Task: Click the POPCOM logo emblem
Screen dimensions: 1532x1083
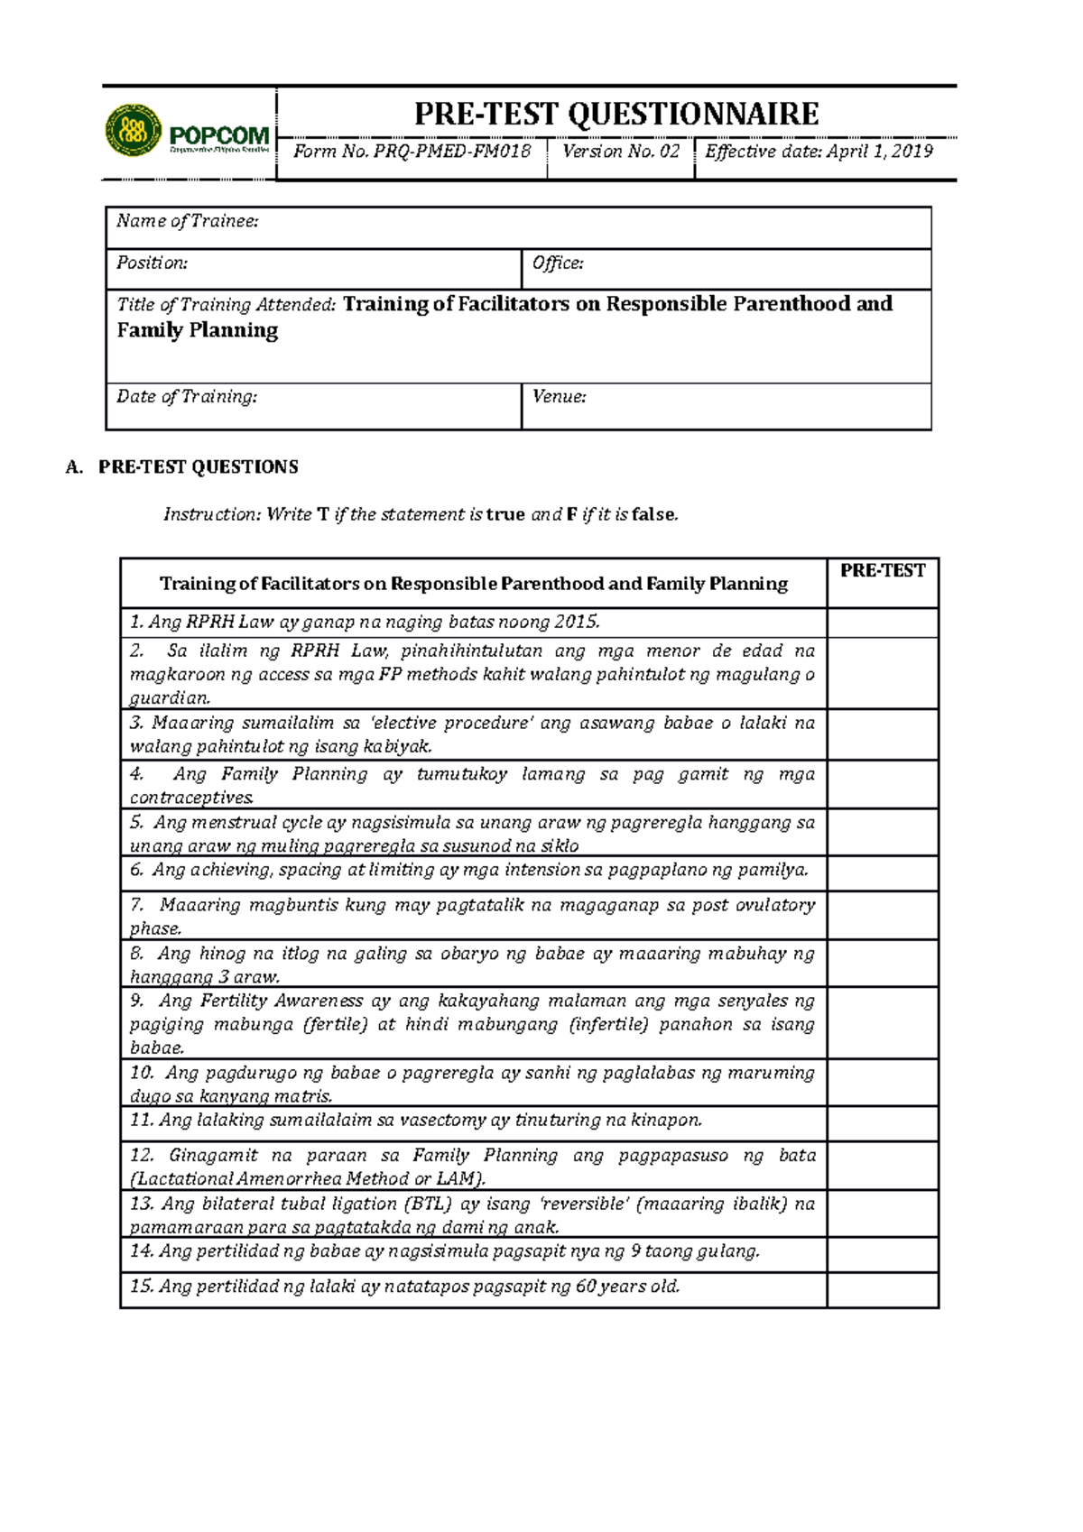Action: tap(134, 130)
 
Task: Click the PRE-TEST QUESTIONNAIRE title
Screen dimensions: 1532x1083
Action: tap(616, 114)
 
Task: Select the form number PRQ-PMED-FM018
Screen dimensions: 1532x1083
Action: tap(452, 152)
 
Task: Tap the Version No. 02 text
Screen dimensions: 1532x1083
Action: tap(621, 152)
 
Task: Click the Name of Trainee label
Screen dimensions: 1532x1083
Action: tap(188, 221)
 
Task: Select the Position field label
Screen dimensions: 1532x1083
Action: tap(152, 263)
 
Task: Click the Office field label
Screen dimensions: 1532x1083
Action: tap(558, 263)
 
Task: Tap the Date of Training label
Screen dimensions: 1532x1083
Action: tap(187, 396)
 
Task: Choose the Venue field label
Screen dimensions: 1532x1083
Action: tap(560, 396)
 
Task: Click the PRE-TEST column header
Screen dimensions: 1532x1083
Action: tap(883, 570)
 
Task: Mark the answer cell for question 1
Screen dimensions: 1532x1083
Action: tap(883, 623)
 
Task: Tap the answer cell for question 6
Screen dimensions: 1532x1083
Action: tap(883, 872)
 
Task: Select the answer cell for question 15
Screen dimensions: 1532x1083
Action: tap(883, 1289)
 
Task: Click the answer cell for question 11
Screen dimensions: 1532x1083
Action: tap(883, 1122)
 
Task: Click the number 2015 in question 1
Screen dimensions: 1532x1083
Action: tap(577, 622)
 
